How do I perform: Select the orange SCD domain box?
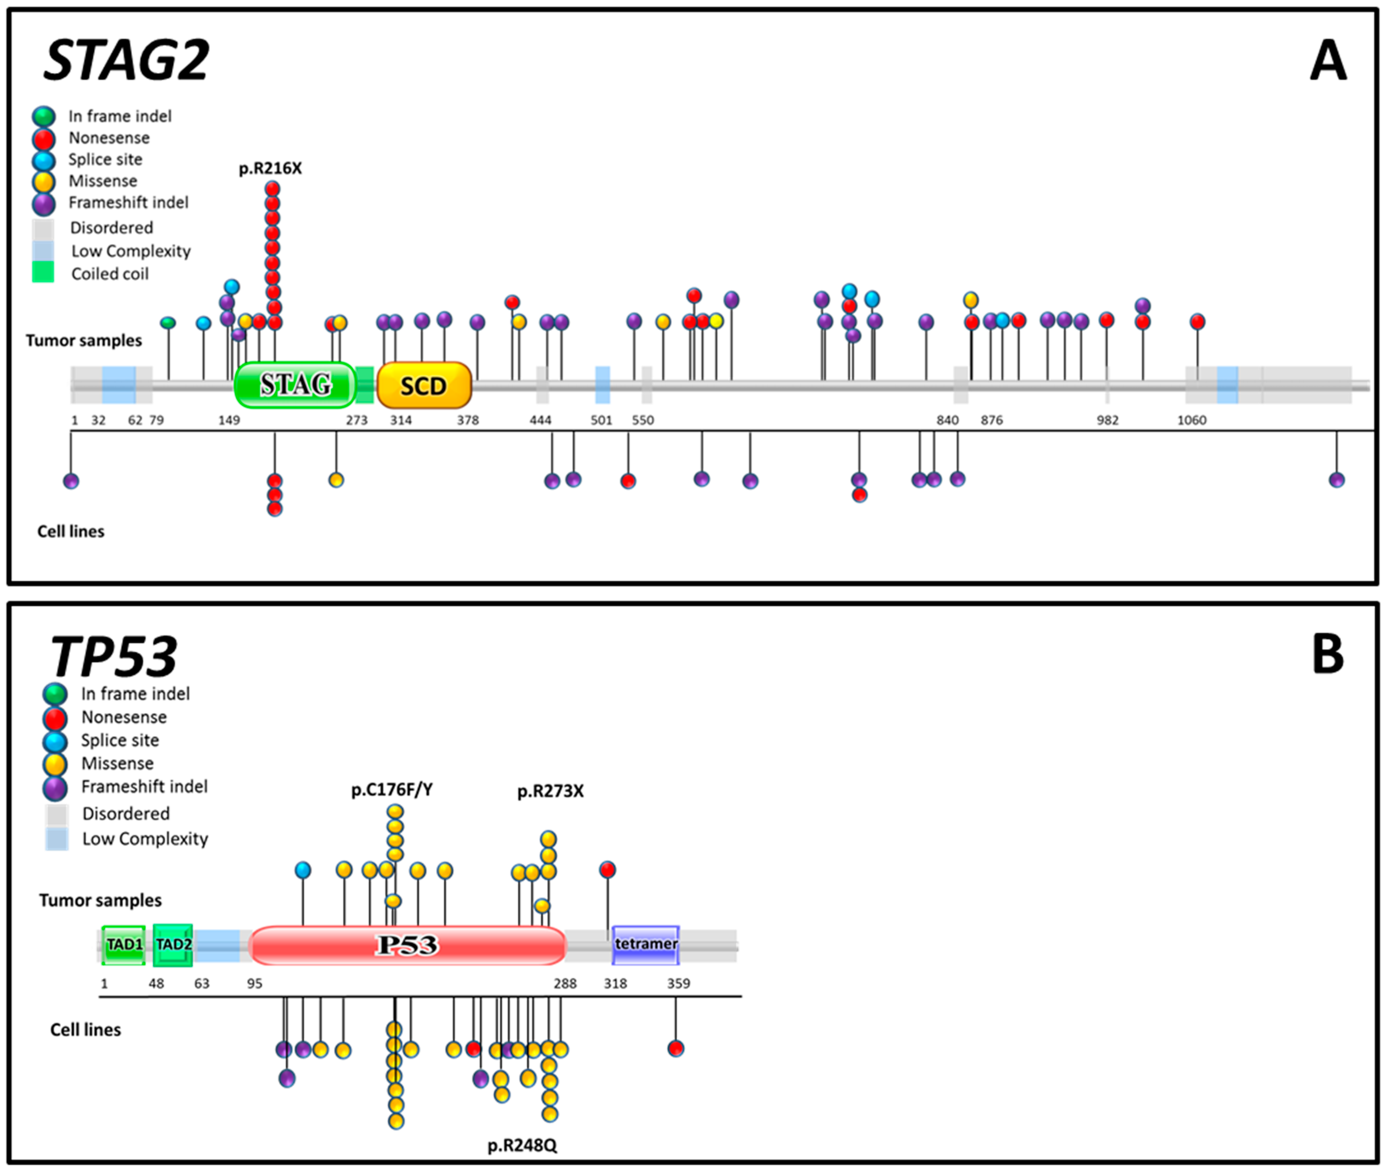pyautogui.click(x=424, y=385)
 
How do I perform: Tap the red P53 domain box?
pyautogui.click(x=407, y=945)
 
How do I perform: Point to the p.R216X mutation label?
pyautogui.click(x=270, y=169)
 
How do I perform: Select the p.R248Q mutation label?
pyautogui.click(x=522, y=1145)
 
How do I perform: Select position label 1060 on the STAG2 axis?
pyautogui.click(x=1191, y=420)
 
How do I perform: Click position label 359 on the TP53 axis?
pyautogui.click(x=678, y=984)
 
